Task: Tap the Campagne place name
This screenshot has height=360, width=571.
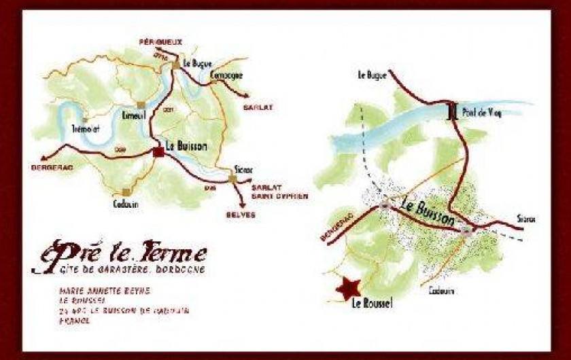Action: tap(226, 75)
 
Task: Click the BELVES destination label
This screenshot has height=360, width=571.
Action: tap(241, 215)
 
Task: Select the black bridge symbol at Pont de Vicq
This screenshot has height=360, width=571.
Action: tap(451, 111)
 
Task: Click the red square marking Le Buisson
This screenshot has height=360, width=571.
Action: tap(158, 153)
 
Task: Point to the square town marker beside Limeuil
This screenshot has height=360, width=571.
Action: tap(140, 105)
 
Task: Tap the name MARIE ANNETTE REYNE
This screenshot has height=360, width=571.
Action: tap(104, 291)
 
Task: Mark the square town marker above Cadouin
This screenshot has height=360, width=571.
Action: tap(126, 192)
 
